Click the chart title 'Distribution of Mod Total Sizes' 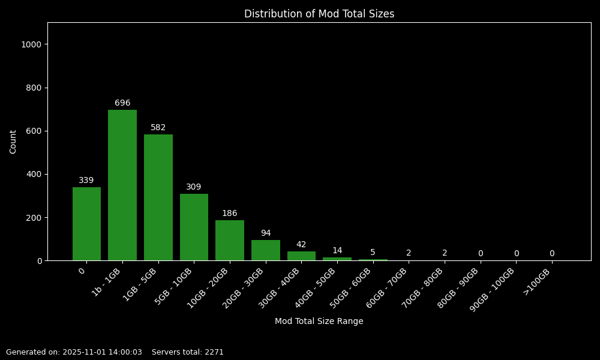click(319, 14)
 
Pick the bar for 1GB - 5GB click(158, 197)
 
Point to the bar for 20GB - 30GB click(266, 250)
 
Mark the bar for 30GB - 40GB click(301, 256)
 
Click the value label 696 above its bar click(122, 103)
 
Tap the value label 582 click(158, 128)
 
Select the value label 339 click(86, 181)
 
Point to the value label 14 click(337, 251)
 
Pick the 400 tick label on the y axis click(35, 174)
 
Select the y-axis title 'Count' click(13, 142)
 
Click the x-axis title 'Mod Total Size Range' click(319, 322)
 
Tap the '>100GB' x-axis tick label click(538, 281)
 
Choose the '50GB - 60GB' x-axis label click(352, 288)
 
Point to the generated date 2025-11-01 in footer click(85, 352)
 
